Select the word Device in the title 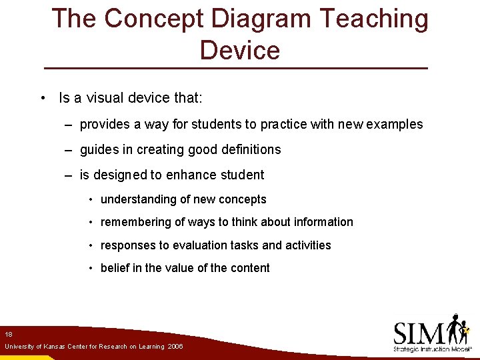pos(239,50)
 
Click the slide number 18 pos(9,334)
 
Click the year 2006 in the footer pos(175,347)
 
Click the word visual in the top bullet pos(101,98)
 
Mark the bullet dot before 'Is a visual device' pos(43,99)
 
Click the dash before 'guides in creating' pos(69,150)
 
